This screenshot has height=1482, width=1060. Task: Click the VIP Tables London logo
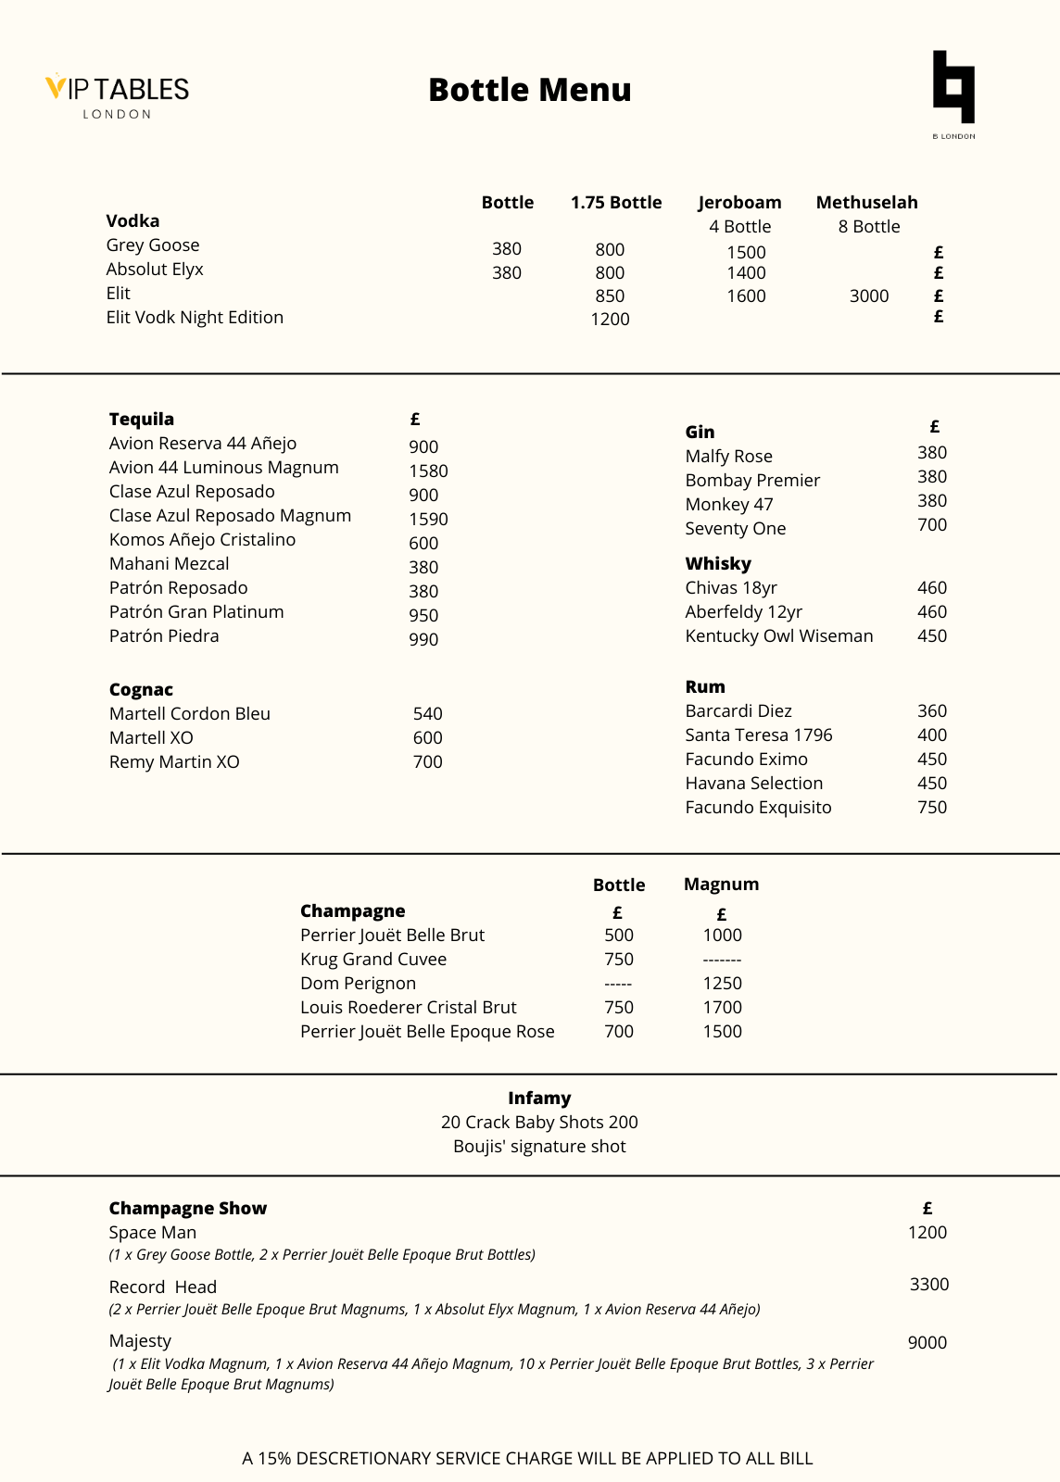(x=118, y=95)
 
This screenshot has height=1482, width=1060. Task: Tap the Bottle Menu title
(x=529, y=90)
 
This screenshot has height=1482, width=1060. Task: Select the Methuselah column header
(x=866, y=202)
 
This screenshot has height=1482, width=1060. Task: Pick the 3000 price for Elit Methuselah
(x=868, y=296)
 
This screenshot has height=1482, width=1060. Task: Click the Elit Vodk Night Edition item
(x=195, y=317)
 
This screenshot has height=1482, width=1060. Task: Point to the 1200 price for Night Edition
(x=610, y=320)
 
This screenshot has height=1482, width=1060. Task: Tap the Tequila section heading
(x=142, y=419)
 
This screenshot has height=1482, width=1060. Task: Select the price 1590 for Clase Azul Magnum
(x=428, y=520)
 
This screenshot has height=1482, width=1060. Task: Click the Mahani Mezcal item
(x=169, y=563)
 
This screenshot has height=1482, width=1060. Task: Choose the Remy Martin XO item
(x=174, y=761)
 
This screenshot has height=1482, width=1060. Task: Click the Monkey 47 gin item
(x=728, y=504)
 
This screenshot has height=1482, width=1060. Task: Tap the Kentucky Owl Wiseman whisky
(x=778, y=635)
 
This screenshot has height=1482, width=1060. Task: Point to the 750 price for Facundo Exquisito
(x=931, y=807)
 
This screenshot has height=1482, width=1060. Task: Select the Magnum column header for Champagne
(x=721, y=884)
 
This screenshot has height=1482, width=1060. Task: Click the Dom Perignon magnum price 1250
(x=722, y=983)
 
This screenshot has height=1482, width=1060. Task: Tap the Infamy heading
(x=539, y=1098)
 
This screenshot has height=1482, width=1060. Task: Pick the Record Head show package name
(x=162, y=1287)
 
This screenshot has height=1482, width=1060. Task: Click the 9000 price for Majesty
(x=927, y=1342)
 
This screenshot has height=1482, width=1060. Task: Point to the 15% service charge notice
(x=527, y=1458)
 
